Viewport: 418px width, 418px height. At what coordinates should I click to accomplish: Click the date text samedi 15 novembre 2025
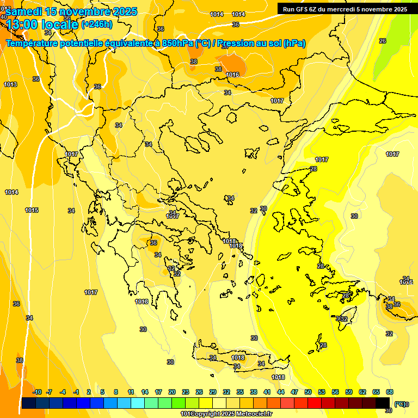coord(71,11)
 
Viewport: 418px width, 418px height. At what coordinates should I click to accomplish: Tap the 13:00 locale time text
coord(41,24)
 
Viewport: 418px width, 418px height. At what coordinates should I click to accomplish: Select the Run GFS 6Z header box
coord(345,9)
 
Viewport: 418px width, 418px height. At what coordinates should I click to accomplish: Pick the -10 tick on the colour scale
coord(37,392)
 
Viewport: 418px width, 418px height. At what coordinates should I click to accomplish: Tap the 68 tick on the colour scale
coord(390,392)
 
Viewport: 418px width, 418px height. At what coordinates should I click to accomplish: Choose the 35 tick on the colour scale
coord(240,392)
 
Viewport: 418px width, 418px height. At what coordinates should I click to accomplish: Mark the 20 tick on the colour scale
coord(172,392)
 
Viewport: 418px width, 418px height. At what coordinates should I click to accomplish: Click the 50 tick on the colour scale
coord(308,392)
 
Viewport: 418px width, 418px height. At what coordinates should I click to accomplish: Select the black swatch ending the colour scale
coord(383,403)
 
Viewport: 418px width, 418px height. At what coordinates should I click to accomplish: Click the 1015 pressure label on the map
coord(32,210)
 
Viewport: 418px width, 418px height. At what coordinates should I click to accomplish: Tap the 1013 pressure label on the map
coord(10,84)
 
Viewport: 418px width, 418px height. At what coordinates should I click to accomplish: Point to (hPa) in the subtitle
coord(294,44)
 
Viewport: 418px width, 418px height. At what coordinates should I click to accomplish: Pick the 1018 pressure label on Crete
coord(238,358)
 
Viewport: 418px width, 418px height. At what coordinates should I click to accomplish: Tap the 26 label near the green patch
coord(382,41)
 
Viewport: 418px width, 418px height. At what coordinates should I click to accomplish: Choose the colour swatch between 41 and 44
coord(274,403)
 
